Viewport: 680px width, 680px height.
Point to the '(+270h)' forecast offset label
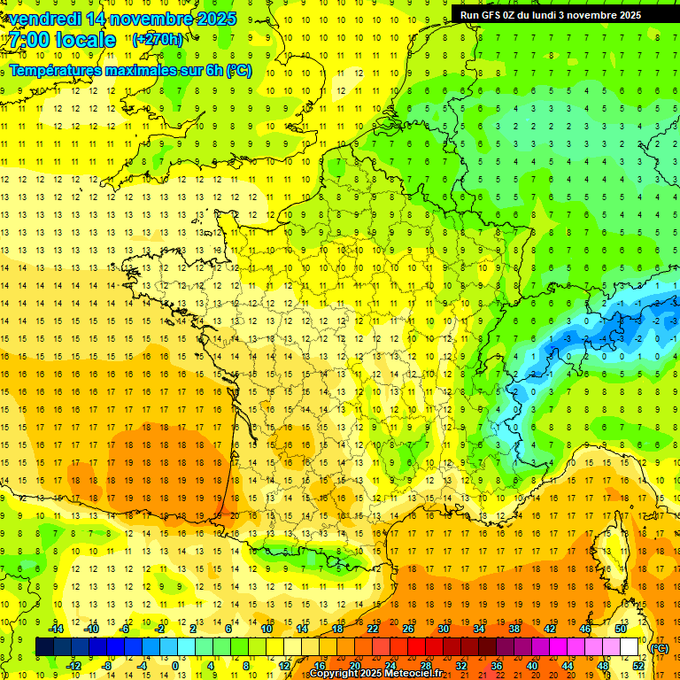pyautogui.click(x=158, y=40)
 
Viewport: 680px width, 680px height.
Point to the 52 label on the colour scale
pyautogui.click(x=638, y=666)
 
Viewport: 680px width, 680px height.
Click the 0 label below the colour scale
pyautogui.click(x=174, y=666)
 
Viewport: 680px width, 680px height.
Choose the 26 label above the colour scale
pyautogui.click(x=408, y=629)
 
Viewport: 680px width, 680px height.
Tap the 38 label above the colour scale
pyautogui.click(x=514, y=629)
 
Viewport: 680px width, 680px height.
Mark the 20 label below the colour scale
pyautogui.click(x=355, y=666)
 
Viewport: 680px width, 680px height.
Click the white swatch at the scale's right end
pyautogui.click(x=630, y=647)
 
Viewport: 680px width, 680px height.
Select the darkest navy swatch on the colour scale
pyautogui.click(x=44, y=647)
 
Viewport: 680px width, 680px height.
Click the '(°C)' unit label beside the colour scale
pyautogui.click(x=660, y=648)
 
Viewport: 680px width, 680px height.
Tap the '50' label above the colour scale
pyautogui.click(x=621, y=629)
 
